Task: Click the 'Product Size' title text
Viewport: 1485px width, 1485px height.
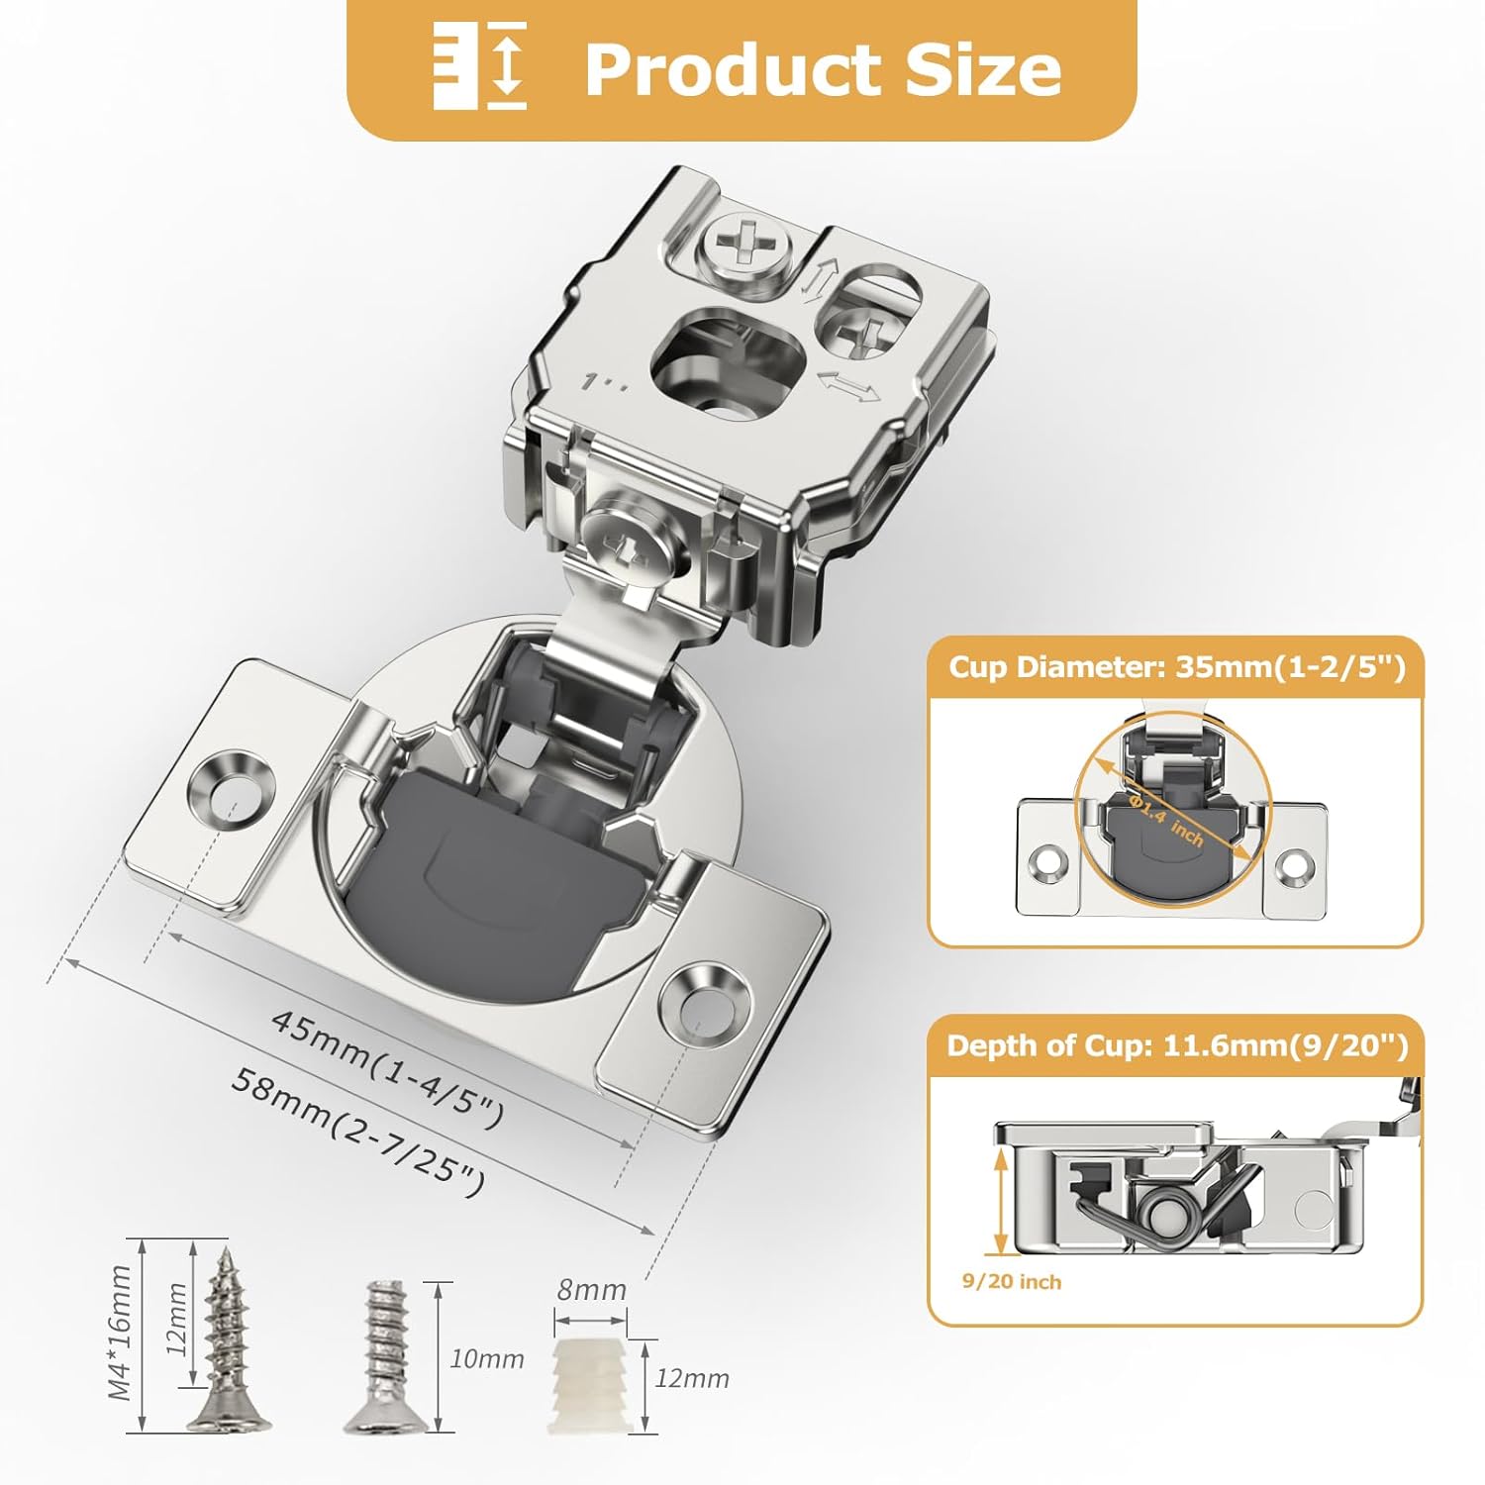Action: point(823,69)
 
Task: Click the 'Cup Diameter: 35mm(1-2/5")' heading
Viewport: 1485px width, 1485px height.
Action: point(1176,667)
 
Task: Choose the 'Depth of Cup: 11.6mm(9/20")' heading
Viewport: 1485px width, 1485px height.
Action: point(1176,1046)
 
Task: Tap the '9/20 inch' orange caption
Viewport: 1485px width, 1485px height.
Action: point(1011,1282)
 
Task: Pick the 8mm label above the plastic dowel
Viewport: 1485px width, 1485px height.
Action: point(591,1290)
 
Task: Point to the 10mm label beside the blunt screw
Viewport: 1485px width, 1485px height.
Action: point(487,1359)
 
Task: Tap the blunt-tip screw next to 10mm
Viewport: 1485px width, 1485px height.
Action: point(386,1356)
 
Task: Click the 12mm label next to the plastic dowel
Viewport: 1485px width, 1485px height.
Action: point(692,1378)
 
